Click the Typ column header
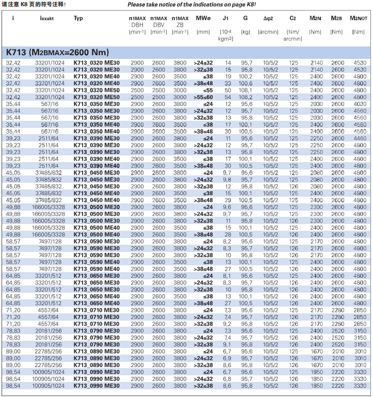(x=78, y=18)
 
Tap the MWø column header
(x=203, y=18)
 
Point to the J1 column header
(x=225, y=18)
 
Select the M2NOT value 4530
(x=360, y=62)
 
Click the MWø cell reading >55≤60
(x=203, y=97)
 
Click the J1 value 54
(x=228, y=97)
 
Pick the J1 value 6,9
(x=227, y=357)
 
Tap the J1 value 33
(x=228, y=83)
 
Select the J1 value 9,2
(x=227, y=323)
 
